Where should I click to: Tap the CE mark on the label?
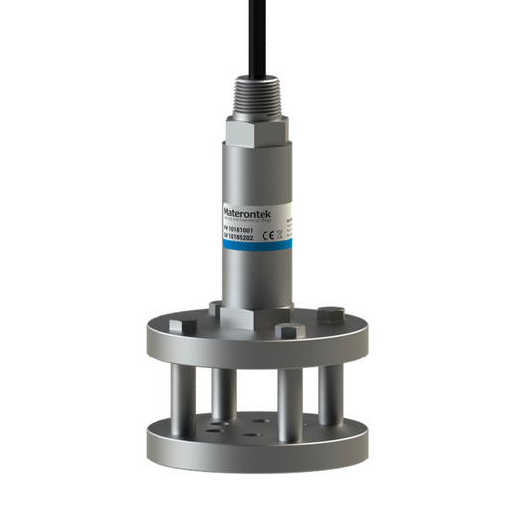[272, 233]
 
